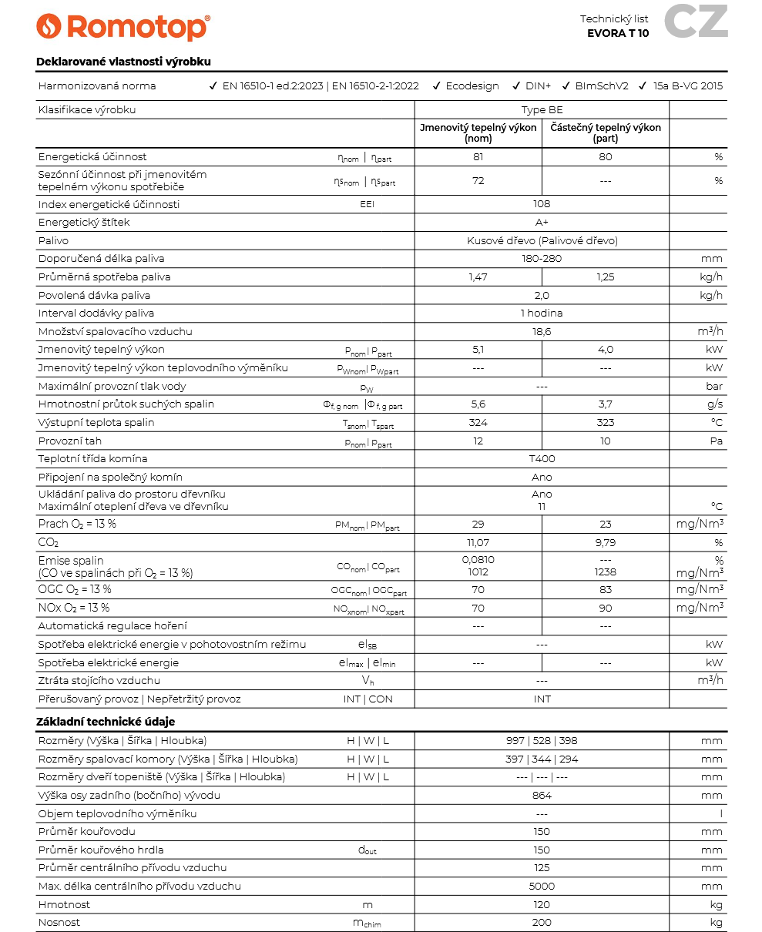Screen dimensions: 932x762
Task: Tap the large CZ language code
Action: click(696, 22)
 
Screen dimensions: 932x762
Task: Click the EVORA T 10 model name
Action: click(618, 33)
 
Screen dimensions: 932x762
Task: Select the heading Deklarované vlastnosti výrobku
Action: click(123, 62)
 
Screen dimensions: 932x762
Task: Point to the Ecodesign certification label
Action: click(472, 86)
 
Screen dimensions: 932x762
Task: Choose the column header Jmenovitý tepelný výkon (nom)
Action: click(478, 133)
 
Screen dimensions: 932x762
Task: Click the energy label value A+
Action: click(542, 223)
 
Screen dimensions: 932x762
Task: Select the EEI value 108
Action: click(542, 204)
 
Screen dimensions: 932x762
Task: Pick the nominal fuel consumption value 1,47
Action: click(478, 277)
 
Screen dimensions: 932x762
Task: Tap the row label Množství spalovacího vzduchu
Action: click(115, 332)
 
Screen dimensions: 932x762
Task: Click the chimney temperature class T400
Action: click(542, 459)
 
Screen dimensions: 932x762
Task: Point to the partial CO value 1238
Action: click(606, 572)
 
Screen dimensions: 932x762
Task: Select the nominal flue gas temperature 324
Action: click(478, 423)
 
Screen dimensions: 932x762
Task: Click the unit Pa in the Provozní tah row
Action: click(716, 441)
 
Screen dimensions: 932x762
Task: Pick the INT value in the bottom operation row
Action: click(542, 699)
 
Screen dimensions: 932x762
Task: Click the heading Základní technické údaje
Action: click(106, 722)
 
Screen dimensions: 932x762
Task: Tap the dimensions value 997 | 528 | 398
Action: click(542, 741)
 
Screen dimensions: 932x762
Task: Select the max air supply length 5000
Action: click(542, 887)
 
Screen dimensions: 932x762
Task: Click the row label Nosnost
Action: click(59, 923)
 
